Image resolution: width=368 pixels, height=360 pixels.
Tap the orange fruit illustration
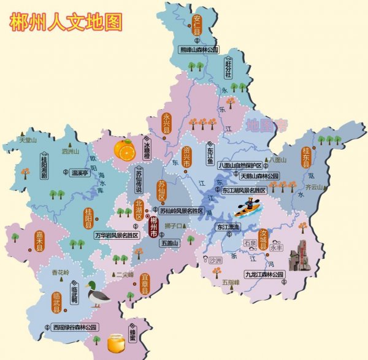coord(124,150)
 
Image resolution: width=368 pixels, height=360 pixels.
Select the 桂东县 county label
coord(305,158)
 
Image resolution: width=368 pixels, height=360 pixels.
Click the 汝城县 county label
coord(264,239)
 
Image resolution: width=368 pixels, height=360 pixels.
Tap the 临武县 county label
coord(56,302)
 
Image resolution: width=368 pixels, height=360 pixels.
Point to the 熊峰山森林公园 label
coord(199,50)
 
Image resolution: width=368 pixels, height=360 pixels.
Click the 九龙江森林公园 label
coord(264,274)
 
